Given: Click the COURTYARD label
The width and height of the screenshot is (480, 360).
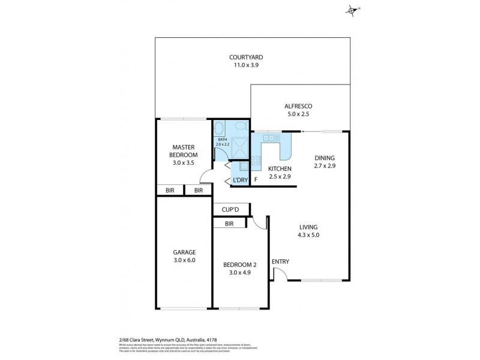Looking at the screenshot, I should [246, 58].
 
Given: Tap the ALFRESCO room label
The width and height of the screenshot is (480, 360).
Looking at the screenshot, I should [298, 106].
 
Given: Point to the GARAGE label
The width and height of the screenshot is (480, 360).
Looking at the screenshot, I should [184, 252].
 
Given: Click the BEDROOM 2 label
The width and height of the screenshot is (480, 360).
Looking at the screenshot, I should [239, 265].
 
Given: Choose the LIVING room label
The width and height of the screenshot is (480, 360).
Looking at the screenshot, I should [308, 227].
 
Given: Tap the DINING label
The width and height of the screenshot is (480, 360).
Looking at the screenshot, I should [325, 158].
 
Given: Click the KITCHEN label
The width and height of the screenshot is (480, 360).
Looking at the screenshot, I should [279, 169].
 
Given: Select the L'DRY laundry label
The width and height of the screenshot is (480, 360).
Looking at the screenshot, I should [239, 179].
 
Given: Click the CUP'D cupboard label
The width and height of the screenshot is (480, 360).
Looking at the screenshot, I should [231, 209].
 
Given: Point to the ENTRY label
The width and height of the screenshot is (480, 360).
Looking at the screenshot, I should [280, 262].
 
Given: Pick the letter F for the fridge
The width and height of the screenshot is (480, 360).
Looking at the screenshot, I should [256, 179].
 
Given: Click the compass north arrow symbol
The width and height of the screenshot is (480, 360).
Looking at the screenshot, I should [352, 9].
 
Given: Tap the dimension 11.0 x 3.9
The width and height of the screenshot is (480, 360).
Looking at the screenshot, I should [246, 65].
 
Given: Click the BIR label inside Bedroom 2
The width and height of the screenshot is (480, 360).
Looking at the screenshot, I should [229, 224].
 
